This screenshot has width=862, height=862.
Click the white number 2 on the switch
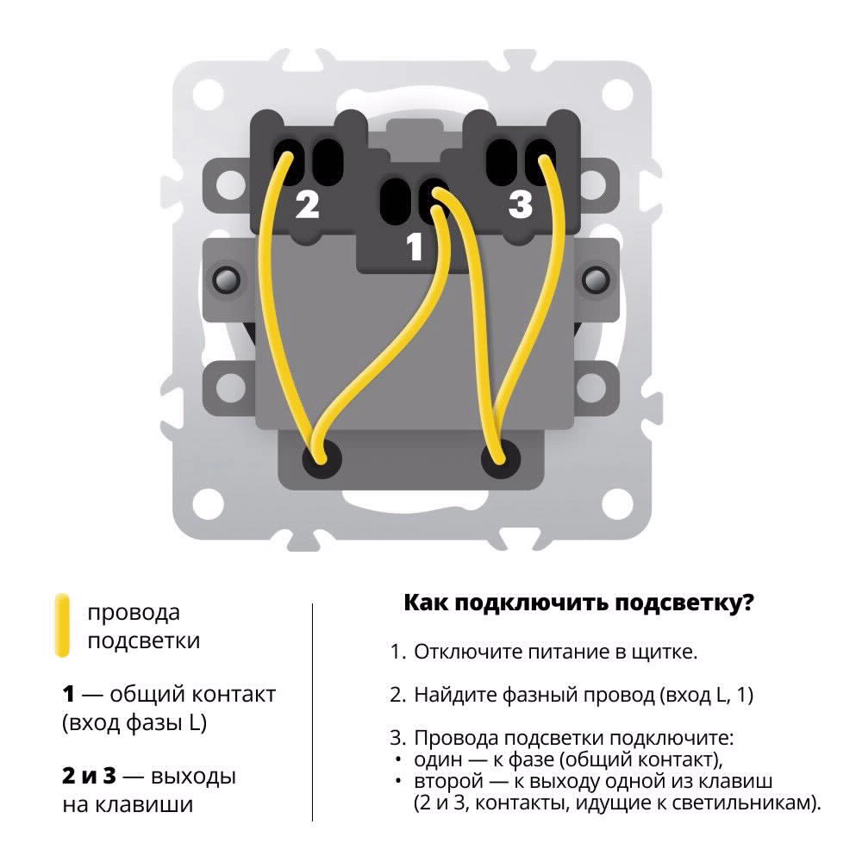coord(308,206)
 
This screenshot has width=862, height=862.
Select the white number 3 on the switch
coord(521,206)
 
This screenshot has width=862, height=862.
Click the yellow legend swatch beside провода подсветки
coord(61,625)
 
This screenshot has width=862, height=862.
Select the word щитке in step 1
coord(664,652)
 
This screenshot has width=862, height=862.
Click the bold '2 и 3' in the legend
coord(88,776)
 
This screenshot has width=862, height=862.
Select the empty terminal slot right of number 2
coord(326,159)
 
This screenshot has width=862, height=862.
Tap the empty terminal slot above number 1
coord(394,200)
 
